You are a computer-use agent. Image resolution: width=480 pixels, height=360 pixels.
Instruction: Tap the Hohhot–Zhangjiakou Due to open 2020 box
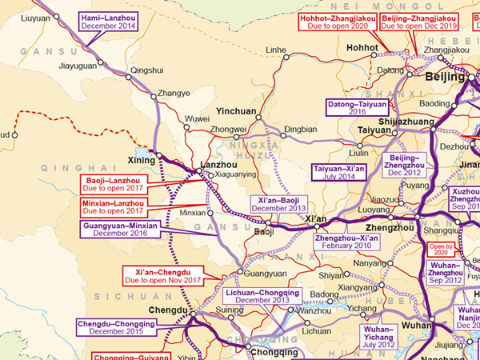pos(337,22)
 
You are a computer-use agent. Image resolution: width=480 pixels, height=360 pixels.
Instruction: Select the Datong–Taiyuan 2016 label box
pos(358,108)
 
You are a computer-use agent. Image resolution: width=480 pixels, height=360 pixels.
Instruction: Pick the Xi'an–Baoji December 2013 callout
pos(279,203)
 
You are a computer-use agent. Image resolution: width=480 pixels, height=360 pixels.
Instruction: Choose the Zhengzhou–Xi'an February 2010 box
pos(345,242)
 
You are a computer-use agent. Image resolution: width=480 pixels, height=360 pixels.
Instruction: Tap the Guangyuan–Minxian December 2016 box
pos(119,230)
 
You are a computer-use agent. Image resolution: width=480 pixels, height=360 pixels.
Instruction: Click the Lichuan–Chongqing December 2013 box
pos(258,297)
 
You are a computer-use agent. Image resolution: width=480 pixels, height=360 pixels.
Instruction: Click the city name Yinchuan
pos(236,112)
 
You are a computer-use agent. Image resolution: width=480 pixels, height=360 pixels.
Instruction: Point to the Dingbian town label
pos(301,128)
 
